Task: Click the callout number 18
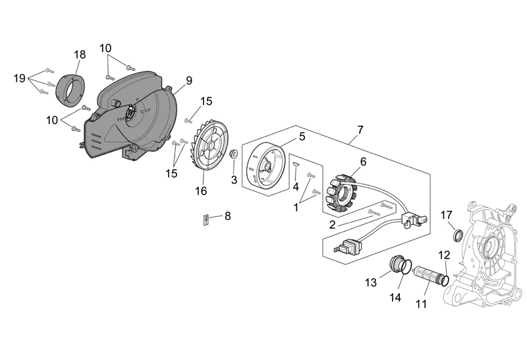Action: click(80, 54)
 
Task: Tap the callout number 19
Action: click(20, 78)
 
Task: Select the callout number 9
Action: click(188, 80)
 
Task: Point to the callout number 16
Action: click(200, 191)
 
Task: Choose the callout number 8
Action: click(228, 216)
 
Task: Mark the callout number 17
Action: click(446, 214)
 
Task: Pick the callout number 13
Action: click(371, 282)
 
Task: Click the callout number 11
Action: click(421, 304)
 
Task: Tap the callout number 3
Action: click(234, 181)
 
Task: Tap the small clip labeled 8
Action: click(205, 220)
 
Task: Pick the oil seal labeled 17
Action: click(455, 235)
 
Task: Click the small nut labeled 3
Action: click(234, 154)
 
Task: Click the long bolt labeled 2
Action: click(375, 211)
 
